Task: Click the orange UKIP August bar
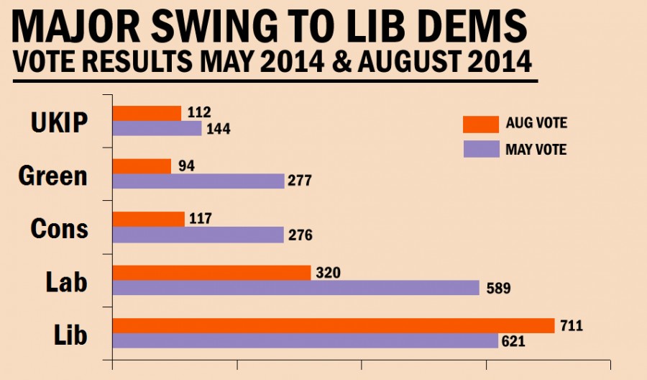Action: pyautogui.click(x=147, y=113)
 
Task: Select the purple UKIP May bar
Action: pyautogui.click(x=157, y=129)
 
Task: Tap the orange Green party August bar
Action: pyautogui.click(x=142, y=166)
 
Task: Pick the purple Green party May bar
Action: pyautogui.click(x=199, y=181)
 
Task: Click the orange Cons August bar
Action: pyautogui.click(x=150, y=220)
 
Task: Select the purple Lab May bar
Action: pyautogui.click(x=296, y=288)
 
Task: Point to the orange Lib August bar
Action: pyautogui.click(x=334, y=326)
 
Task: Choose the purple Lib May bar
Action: pyautogui.click(x=306, y=341)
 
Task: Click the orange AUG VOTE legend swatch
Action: pyautogui.click(x=481, y=124)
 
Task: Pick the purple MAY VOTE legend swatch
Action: pyautogui.click(x=481, y=150)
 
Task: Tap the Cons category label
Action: pyautogui.click(x=59, y=228)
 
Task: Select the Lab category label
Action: pyautogui.click(x=66, y=281)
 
